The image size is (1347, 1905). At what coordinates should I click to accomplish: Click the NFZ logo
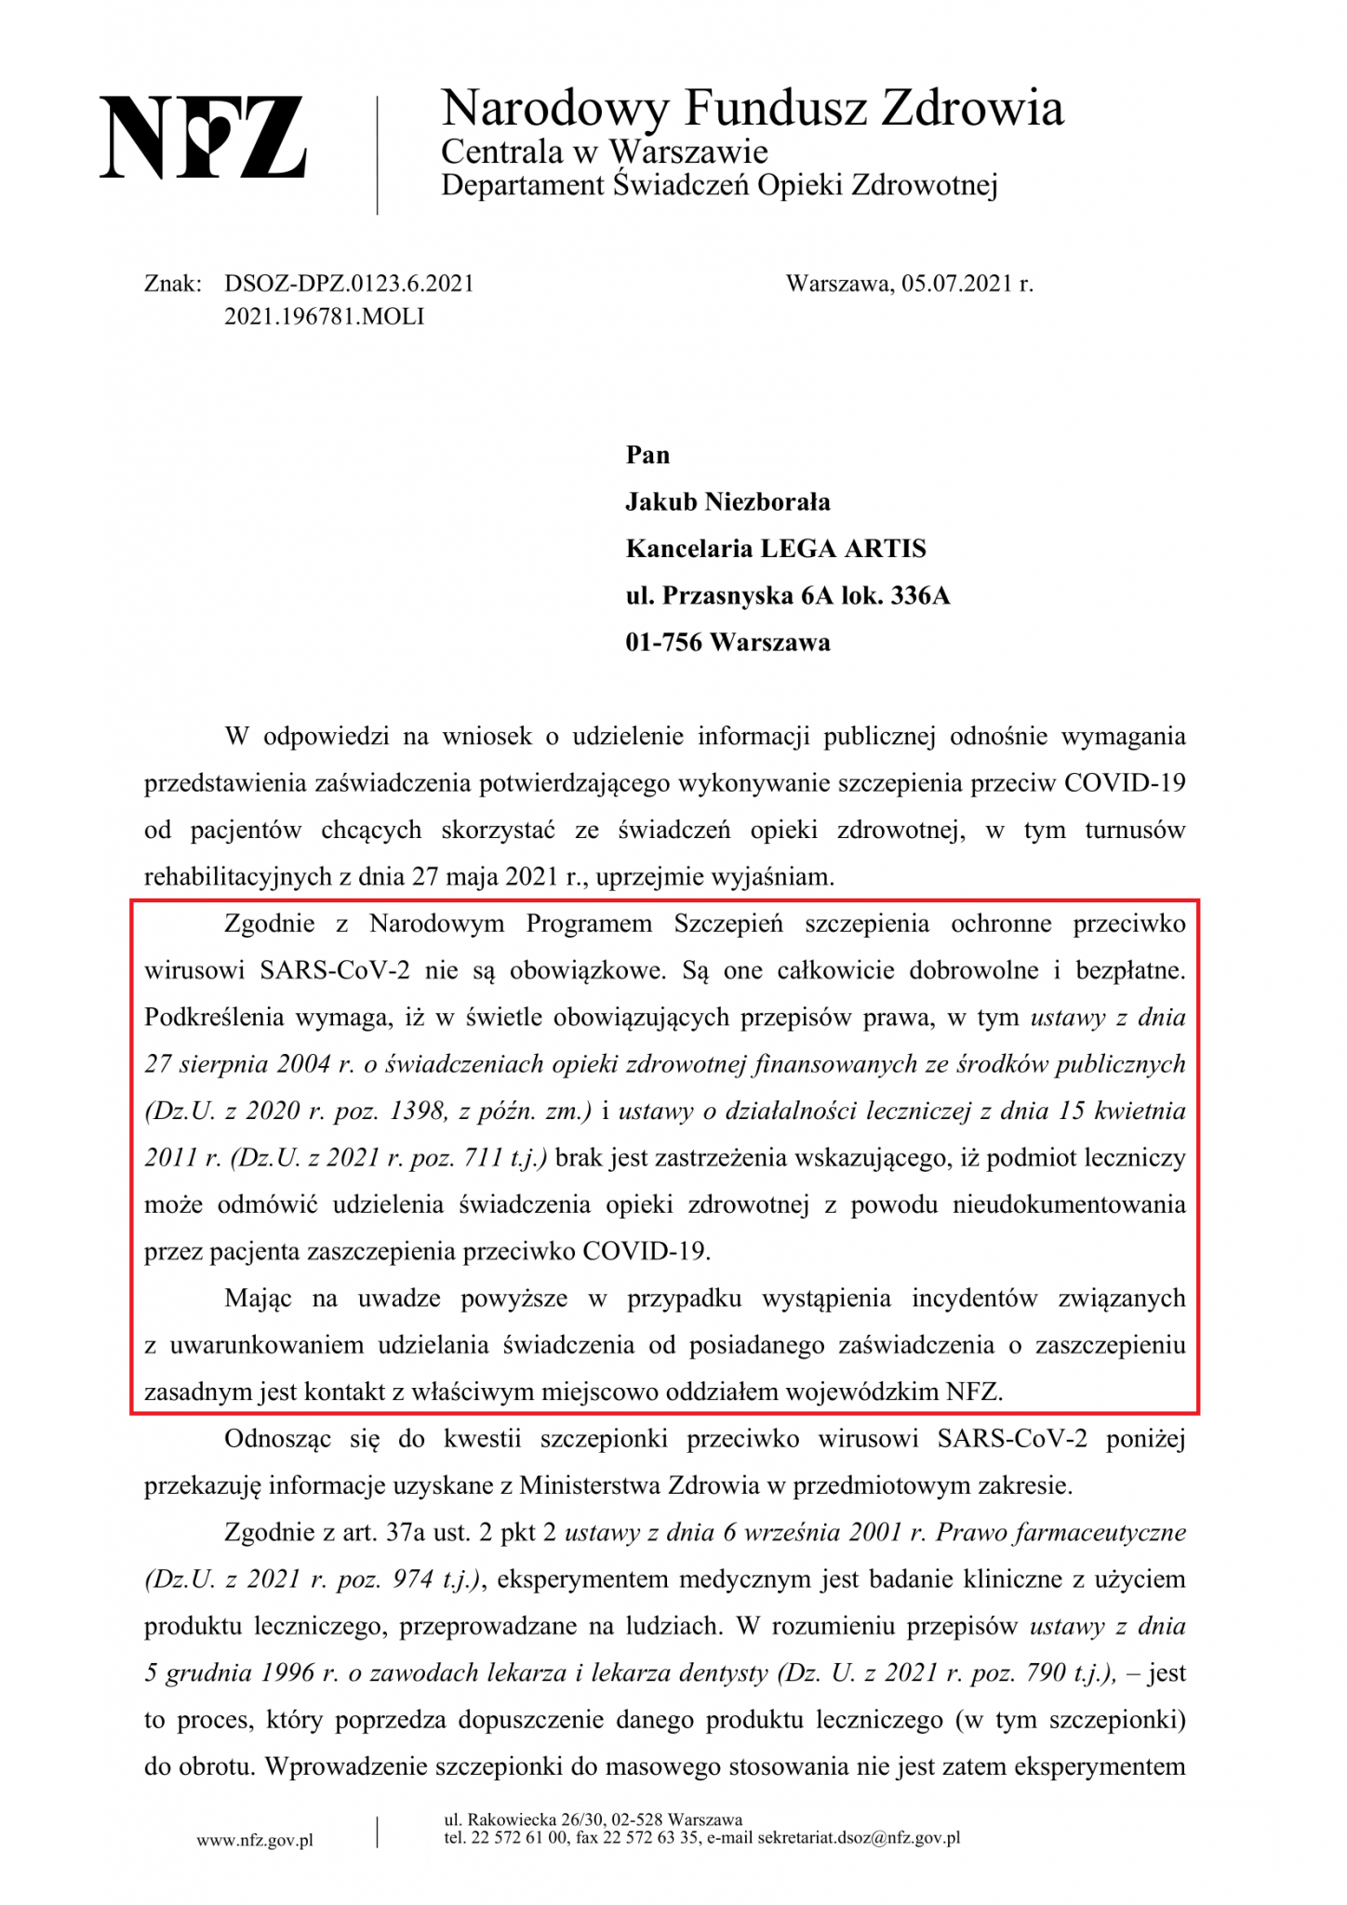click(203, 137)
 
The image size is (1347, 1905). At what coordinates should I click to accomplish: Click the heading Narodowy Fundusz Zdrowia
click(752, 108)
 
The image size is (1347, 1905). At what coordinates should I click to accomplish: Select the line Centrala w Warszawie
click(604, 151)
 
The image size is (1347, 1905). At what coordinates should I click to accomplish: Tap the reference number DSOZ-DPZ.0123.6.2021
click(349, 284)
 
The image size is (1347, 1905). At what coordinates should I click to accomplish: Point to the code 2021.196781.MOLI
click(324, 316)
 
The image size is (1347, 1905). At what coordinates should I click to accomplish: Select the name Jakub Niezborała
click(727, 502)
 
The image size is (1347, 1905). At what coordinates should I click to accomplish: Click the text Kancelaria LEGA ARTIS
click(776, 549)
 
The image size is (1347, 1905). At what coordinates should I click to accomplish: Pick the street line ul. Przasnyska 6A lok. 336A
click(787, 595)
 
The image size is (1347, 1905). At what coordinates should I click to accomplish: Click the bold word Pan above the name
click(647, 455)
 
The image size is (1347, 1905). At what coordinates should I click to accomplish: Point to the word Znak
click(173, 284)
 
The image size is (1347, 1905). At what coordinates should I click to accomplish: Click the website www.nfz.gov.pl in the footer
click(255, 1840)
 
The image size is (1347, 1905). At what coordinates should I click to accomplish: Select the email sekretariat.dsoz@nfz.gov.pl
click(859, 1837)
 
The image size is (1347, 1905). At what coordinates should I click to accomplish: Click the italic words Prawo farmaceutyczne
click(1060, 1532)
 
